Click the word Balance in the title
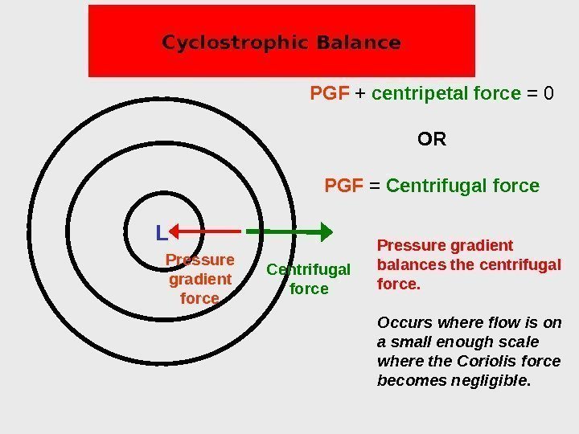359,43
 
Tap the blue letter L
161,234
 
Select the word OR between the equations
432,140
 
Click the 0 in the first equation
548,94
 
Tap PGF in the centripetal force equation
329,94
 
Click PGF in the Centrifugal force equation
343,186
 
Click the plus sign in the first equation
360,94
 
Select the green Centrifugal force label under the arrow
309,279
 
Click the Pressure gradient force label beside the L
199,279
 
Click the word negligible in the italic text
495,379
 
